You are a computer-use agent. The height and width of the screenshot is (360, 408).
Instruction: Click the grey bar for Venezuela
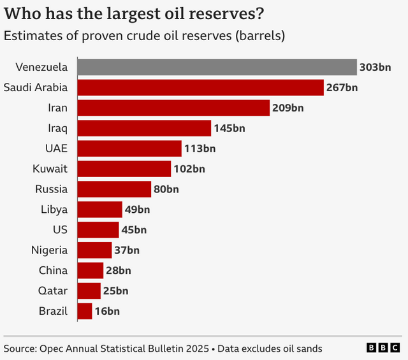[217, 67]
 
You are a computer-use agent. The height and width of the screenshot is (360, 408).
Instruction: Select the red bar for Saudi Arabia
[200, 87]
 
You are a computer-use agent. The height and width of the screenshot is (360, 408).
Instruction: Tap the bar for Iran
[173, 108]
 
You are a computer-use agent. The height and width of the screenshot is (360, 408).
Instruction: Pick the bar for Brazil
[85, 311]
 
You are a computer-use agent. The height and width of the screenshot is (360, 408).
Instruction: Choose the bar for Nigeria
[94, 250]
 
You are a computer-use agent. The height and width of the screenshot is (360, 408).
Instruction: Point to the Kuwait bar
[124, 169]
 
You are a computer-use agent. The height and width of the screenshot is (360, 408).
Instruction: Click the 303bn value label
[375, 67]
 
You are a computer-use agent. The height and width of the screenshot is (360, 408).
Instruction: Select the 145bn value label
[229, 128]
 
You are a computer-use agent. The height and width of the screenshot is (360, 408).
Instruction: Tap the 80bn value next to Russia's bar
[166, 189]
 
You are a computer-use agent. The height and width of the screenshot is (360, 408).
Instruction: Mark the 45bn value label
[134, 230]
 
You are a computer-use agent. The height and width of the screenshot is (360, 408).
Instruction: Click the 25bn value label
[115, 291]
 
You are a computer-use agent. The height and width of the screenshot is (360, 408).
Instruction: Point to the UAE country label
[55, 148]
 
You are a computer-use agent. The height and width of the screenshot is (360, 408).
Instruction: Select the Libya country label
[54, 210]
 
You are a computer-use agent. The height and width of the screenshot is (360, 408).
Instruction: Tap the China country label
[53, 270]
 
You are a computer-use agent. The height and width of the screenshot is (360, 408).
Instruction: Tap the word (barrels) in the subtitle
[258, 36]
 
